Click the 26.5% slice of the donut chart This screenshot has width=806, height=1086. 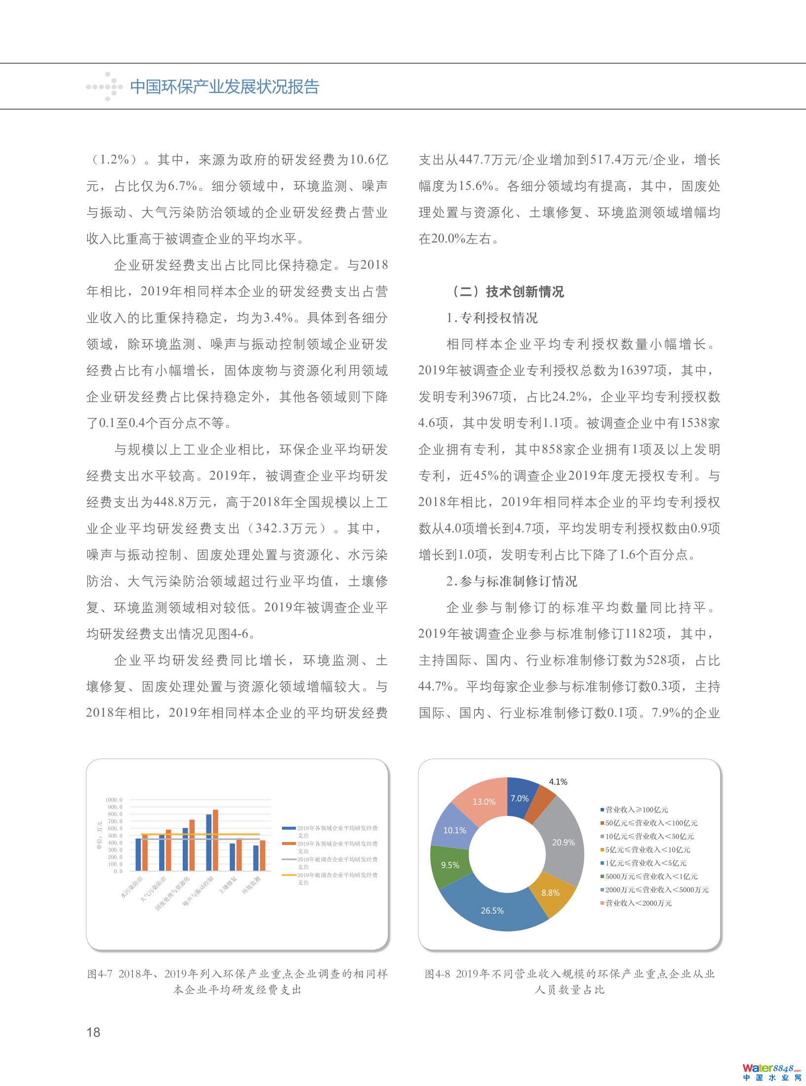coord(492,910)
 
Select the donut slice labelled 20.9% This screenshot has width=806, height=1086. coord(563,843)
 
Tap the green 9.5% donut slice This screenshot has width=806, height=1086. coord(450,865)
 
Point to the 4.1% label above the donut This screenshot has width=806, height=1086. coord(558,782)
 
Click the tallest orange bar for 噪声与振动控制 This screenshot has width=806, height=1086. coord(215,840)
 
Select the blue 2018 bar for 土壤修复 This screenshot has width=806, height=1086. coord(233,857)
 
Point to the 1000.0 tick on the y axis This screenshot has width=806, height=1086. coord(114,800)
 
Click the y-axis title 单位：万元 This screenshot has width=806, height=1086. coord(99,835)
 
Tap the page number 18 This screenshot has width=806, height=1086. coord(93,1032)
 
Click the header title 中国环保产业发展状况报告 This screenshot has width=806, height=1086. coord(225,87)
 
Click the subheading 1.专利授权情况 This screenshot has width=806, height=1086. coord(492,318)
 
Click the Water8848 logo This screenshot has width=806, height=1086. coord(772,1072)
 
